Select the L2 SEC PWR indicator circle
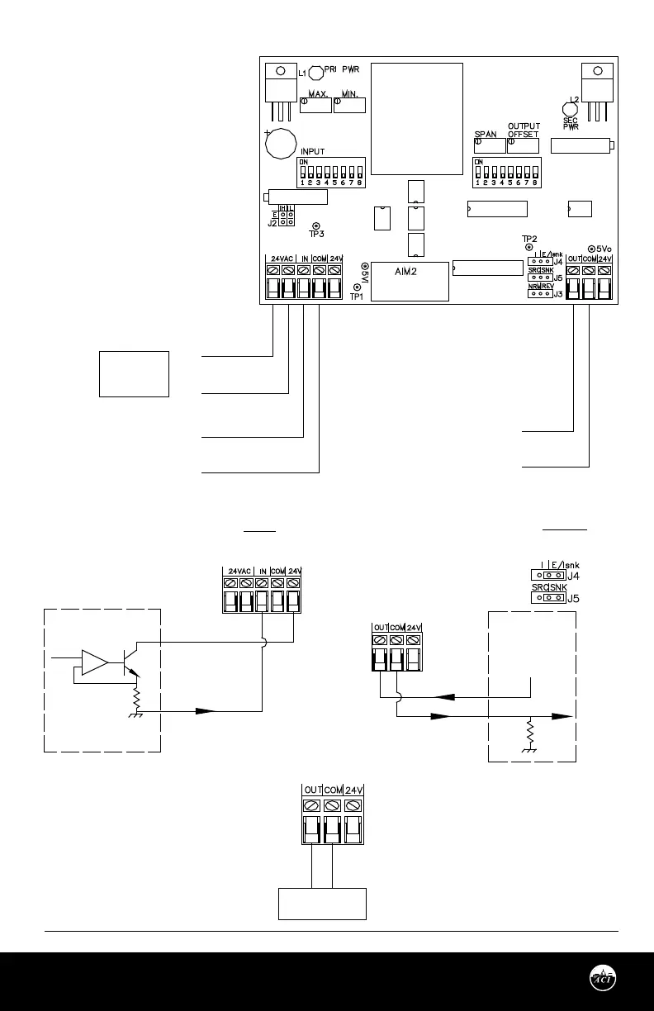tap(571, 107)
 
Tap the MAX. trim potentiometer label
tap(319, 94)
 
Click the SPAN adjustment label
tap(486, 134)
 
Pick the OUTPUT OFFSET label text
tap(524, 130)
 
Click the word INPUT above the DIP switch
tap(313, 152)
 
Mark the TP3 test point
tap(315, 225)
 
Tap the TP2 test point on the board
tap(528, 247)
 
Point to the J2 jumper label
tap(272, 222)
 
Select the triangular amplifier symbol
tap(94, 662)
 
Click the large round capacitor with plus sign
tap(281, 144)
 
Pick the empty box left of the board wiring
tap(135, 374)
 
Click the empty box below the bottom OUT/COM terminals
tap(321, 904)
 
